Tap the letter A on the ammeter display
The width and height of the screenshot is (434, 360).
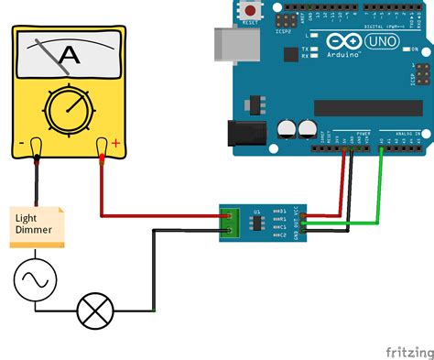[x=68, y=57]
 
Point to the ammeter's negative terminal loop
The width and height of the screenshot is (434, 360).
[x=36, y=147]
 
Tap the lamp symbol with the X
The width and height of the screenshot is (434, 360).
[x=94, y=311]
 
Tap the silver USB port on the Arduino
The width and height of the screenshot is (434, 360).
[x=228, y=46]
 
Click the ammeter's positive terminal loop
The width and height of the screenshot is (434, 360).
[x=103, y=147]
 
